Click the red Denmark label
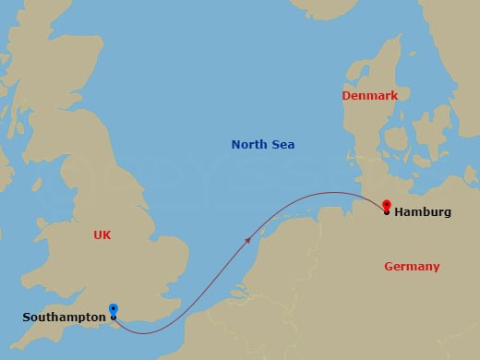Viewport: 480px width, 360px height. pos(369,96)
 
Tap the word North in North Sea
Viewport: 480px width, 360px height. pos(249,145)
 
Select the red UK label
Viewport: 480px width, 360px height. pos(102,235)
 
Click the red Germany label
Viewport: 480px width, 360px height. pos(412,267)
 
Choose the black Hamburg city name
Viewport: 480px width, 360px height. pos(423,212)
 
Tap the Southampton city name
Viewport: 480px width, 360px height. pos(63,318)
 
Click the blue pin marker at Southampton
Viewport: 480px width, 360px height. pos(113,310)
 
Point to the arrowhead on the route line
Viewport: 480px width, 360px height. pos(248,239)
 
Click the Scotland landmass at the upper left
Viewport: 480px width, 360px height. pos(55,74)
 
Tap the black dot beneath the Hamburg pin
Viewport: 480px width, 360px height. pos(386,213)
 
